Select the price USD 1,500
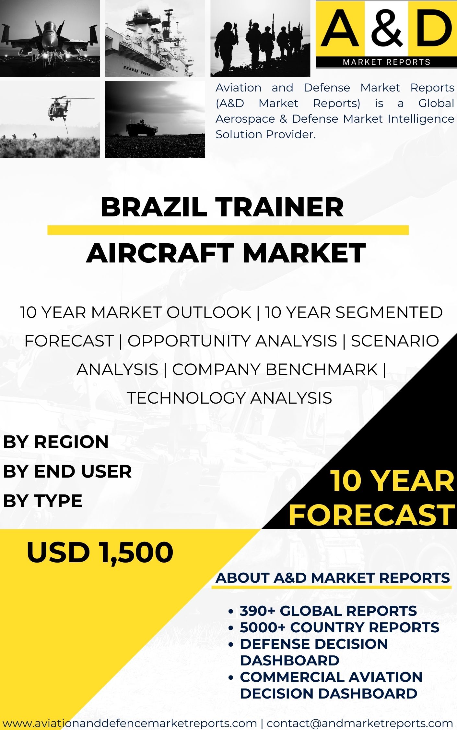pos(100,552)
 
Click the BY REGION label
pos(56,442)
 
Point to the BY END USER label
pos(67,471)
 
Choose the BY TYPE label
pos(43,500)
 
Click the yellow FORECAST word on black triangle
pos(372,515)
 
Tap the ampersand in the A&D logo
pos(387,28)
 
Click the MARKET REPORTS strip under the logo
pos(386,62)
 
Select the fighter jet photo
pos(50,38)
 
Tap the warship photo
pos(155,38)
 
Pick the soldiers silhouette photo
pos(260,38)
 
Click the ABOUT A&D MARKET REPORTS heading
pos(333,578)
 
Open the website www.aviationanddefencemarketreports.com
pos(130,723)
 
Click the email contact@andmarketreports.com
pos(360,723)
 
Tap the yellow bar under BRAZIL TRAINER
pos(228,230)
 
